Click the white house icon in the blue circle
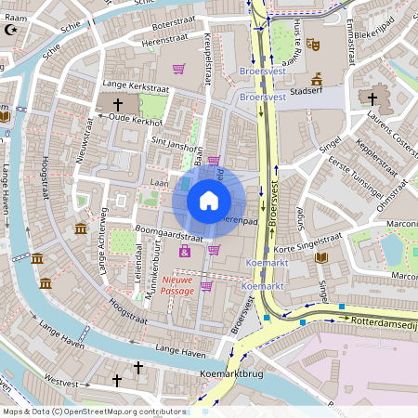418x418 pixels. point(209,200)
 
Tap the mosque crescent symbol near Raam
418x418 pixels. point(12,29)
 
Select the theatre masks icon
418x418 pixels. point(313,44)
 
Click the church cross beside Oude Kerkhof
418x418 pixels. point(118,105)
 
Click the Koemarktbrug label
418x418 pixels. point(227,374)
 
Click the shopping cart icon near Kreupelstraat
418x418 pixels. point(179,68)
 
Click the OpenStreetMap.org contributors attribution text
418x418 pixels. point(121,411)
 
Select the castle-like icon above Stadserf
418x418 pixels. point(317,78)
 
